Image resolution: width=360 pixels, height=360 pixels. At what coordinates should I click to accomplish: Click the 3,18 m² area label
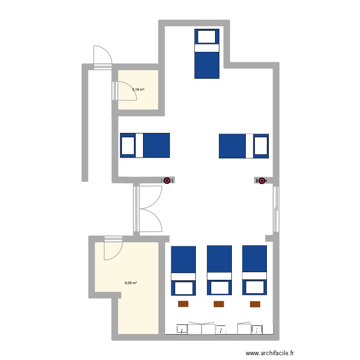138,89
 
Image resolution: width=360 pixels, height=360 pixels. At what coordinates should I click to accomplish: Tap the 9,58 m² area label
131,283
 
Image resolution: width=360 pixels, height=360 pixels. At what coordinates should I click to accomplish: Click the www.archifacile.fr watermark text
269,353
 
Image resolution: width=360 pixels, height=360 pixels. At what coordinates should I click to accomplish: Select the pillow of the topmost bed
207,37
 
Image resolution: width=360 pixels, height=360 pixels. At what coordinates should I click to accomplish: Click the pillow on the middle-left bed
128,145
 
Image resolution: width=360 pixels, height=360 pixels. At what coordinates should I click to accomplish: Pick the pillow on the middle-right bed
260,145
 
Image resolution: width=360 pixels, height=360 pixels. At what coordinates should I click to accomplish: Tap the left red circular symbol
167,180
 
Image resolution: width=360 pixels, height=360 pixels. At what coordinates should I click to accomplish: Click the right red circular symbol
262,180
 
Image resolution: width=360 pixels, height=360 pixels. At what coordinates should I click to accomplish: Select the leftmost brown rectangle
183,304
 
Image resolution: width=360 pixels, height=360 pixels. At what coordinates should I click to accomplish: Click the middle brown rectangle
219,304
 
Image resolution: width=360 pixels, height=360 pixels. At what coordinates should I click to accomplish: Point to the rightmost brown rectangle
255,304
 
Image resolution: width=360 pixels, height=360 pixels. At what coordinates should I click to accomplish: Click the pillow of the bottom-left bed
183,288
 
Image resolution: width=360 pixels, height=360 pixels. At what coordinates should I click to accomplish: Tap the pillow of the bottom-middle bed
219,288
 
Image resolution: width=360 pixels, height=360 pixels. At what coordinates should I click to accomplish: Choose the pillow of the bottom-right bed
254,288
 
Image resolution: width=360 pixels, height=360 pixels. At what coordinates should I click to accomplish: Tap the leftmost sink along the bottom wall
182,329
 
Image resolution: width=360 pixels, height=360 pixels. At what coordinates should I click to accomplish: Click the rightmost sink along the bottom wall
258,329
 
